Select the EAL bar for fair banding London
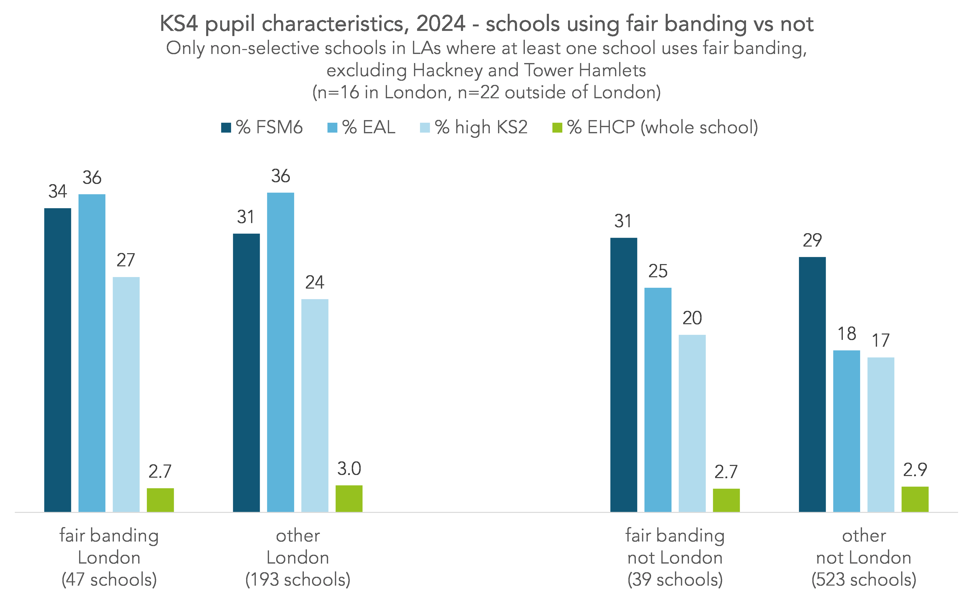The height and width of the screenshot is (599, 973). [x=92, y=353]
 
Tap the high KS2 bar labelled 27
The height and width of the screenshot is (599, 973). [x=126, y=394]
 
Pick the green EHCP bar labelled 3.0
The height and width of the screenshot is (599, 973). [x=349, y=498]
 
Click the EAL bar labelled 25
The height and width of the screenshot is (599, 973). [x=658, y=399]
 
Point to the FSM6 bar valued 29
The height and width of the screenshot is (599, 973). [x=812, y=384]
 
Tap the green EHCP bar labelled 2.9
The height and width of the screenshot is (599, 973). [x=915, y=499]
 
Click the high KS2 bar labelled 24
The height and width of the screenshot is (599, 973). [x=315, y=405]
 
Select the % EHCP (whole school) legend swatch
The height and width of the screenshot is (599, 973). [x=557, y=128]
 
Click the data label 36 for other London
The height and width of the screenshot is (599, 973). [x=280, y=176]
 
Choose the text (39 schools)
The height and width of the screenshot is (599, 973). [x=675, y=580]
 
